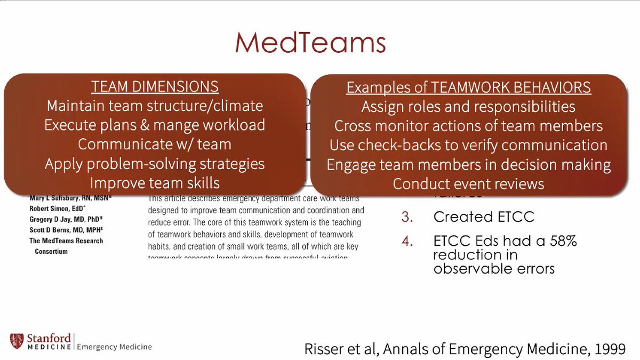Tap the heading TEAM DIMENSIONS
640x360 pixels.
(155, 87)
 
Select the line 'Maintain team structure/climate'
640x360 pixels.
(155, 106)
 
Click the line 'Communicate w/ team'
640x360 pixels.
(155, 144)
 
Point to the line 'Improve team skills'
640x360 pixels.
(155, 183)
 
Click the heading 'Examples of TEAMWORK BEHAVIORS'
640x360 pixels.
(468, 87)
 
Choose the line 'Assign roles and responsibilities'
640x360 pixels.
(468, 107)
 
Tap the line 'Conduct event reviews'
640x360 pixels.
(468, 184)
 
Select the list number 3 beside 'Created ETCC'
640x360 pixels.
(407, 217)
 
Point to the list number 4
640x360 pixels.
(407, 242)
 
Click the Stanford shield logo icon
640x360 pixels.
(16, 341)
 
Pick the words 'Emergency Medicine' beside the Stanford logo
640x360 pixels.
(115, 347)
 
